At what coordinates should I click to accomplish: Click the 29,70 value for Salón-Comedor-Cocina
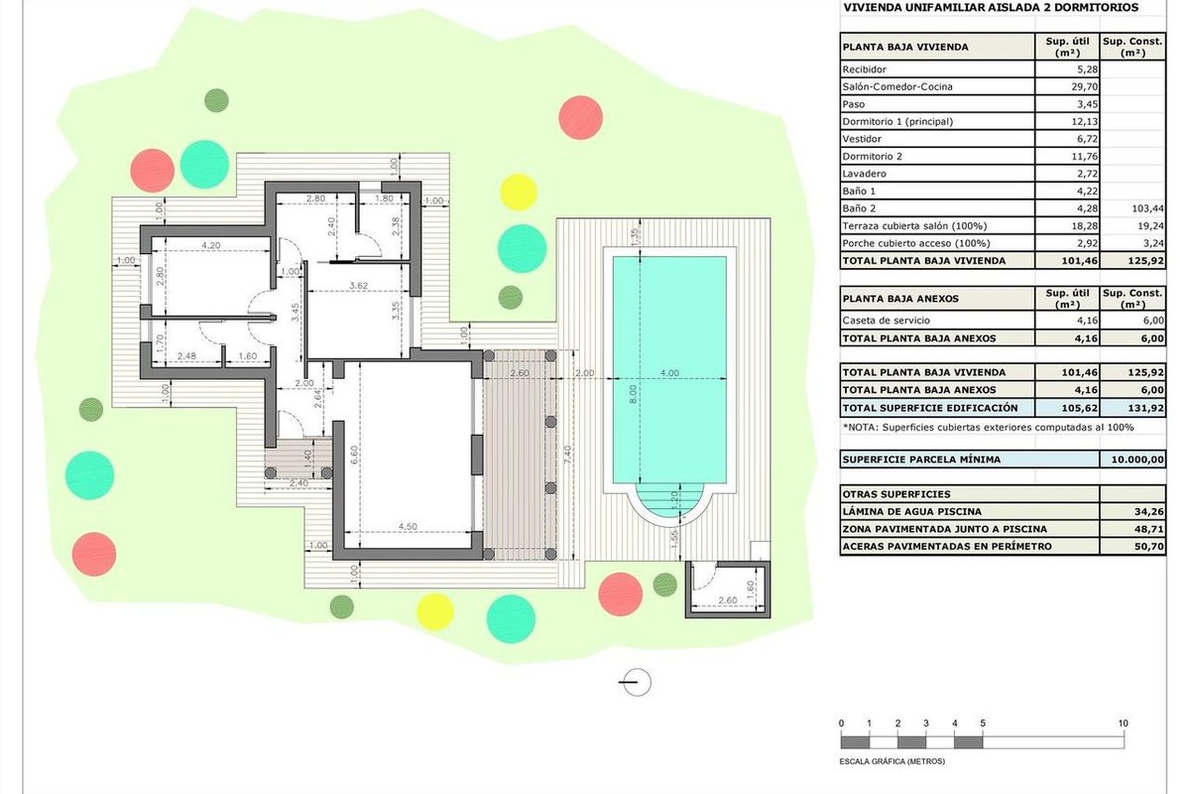tap(1085, 86)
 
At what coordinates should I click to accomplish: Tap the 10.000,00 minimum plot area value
tap(1137, 460)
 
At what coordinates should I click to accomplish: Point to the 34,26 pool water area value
tap(1149, 511)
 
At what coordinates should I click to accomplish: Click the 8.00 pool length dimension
tap(633, 394)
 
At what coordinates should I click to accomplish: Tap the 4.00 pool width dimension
tap(669, 373)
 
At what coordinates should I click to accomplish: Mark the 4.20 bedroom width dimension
tap(211, 245)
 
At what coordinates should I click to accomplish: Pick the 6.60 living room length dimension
tap(354, 455)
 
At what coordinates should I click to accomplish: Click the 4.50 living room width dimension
tap(408, 526)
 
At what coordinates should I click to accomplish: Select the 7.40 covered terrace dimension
tap(567, 456)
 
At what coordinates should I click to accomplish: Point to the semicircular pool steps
tap(669, 502)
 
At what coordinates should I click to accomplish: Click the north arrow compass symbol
tap(636, 682)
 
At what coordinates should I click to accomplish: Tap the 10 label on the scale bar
tap(1123, 724)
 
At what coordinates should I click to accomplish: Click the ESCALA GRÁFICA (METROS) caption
tap(892, 761)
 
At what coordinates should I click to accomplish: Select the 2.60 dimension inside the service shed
tap(727, 599)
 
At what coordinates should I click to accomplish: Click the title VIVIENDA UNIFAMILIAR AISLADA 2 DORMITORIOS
tap(992, 8)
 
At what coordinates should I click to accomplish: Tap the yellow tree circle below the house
tap(435, 612)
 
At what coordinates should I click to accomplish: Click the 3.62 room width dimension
tap(359, 286)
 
